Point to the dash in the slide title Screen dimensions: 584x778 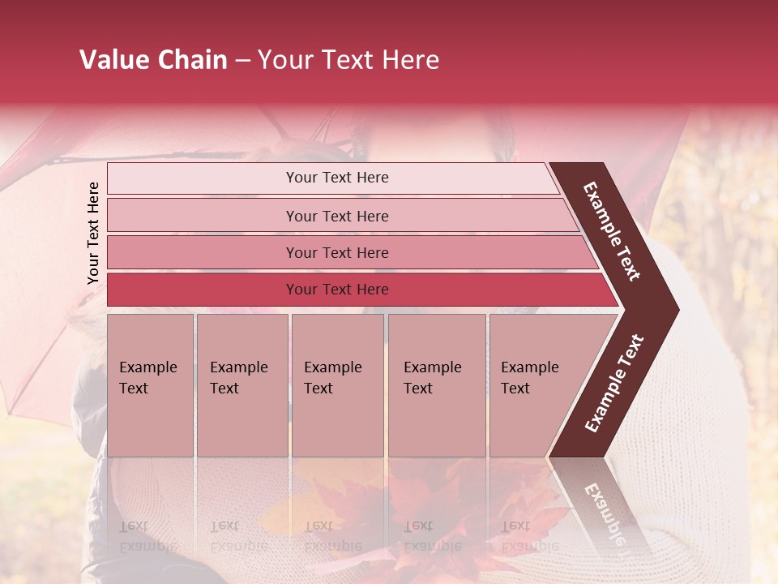(242, 61)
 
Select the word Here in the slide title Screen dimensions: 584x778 (410, 60)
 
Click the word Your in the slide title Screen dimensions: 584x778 (283, 60)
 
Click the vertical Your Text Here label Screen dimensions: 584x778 (93, 233)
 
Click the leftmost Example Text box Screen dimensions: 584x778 (150, 385)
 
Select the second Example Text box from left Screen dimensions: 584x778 (242, 385)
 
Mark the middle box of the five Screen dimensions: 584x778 (337, 385)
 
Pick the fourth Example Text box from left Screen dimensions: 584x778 (437, 385)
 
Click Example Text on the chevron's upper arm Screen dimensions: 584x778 (613, 231)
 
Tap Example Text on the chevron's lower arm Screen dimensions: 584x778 (614, 383)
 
